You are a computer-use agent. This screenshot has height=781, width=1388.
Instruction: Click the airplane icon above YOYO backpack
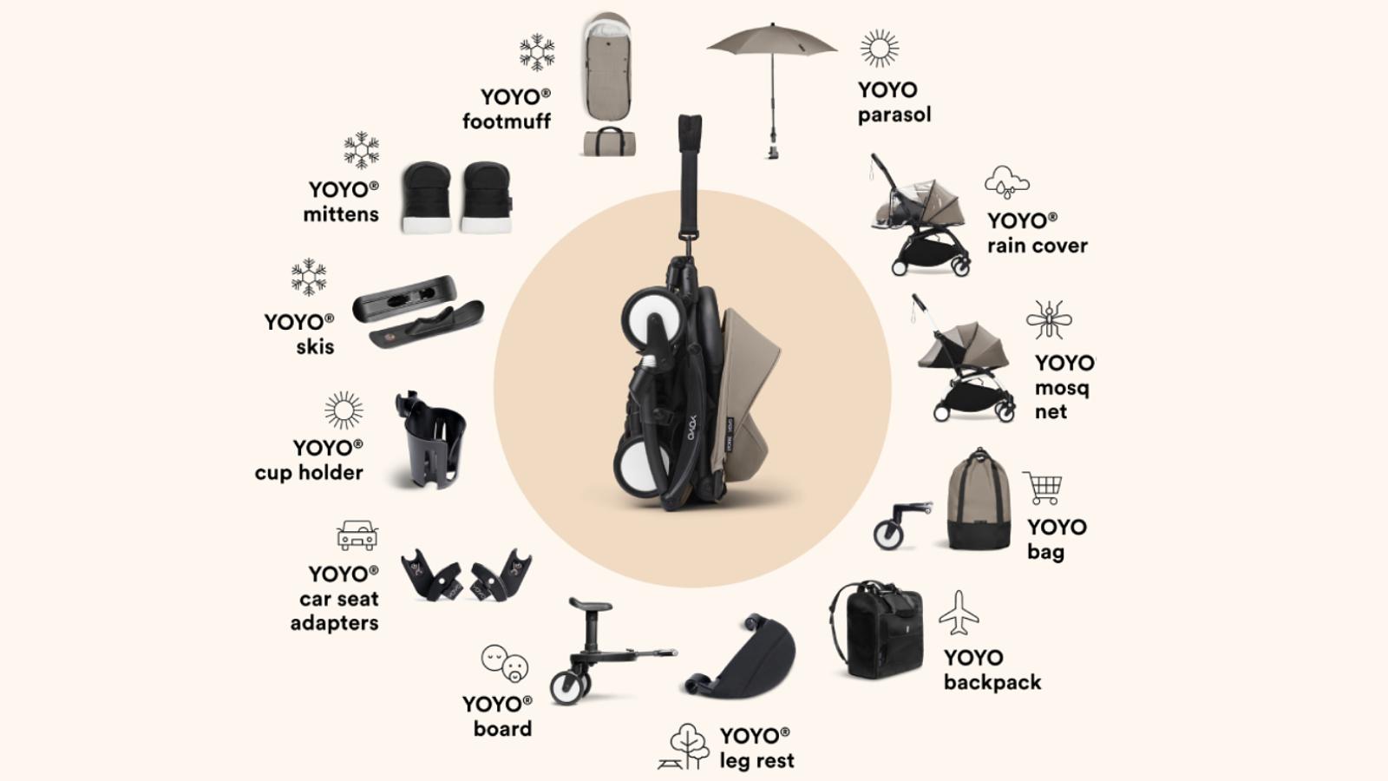(959, 613)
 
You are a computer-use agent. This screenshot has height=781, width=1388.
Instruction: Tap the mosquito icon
(1049, 320)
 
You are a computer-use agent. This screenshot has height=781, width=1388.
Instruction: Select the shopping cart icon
(1043, 488)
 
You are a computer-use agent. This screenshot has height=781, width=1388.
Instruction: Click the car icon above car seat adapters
(357, 535)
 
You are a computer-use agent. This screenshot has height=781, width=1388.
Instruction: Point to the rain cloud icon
(1006, 183)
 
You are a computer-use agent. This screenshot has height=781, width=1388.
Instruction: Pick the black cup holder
(431, 439)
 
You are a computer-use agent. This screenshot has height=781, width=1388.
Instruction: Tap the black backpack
(876, 629)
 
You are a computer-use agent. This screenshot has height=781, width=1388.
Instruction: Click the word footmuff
(507, 121)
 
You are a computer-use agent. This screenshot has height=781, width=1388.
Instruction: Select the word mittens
(341, 214)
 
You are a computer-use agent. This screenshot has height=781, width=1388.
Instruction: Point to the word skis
(315, 347)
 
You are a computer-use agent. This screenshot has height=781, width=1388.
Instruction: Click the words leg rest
(756, 761)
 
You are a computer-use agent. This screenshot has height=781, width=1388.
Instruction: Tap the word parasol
(894, 115)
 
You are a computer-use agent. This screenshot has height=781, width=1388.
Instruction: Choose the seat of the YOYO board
(591, 604)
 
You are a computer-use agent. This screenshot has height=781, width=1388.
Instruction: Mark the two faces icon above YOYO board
(504, 663)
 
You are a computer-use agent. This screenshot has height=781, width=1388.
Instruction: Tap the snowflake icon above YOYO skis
(309, 277)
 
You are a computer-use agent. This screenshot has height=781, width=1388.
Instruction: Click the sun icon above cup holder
(344, 410)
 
